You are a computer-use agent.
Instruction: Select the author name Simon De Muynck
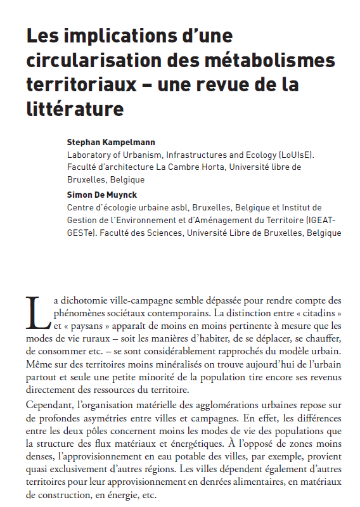[x=101, y=196]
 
